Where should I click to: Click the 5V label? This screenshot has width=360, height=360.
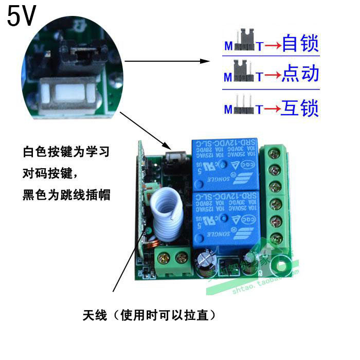[x=21, y=16]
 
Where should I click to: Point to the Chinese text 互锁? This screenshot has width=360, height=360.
[x=300, y=108]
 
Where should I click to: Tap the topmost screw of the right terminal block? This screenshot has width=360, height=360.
[x=273, y=153]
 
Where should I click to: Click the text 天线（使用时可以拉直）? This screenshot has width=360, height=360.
[x=149, y=315]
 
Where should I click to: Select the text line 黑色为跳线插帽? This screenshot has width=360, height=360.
[x=67, y=195]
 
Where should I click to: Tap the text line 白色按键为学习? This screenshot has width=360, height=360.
[x=67, y=153]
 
